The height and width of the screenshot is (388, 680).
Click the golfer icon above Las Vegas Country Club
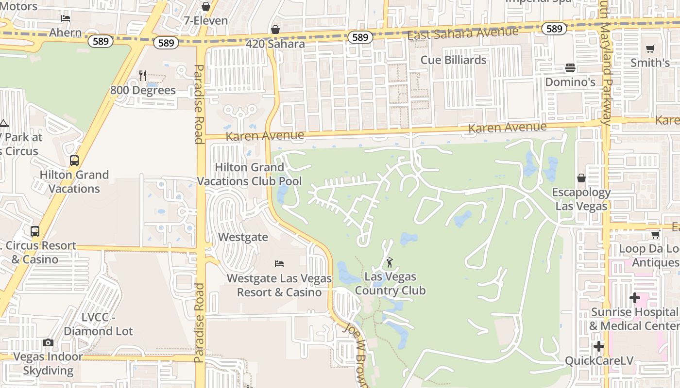(x=389, y=263)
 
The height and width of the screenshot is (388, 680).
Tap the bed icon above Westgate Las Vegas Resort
(x=279, y=264)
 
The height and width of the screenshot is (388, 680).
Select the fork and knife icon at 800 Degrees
(x=143, y=75)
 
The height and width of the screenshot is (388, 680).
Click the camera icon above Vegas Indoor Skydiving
(x=48, y=343)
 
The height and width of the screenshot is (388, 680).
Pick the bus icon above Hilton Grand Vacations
(x=74, y=161)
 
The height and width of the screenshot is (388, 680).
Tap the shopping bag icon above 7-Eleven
(x=206, y=6)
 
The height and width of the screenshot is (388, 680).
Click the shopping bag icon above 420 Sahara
(x=275, y=30)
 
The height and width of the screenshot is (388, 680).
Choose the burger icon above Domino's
(x=570, y=67)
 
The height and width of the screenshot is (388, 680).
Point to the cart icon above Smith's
(x=650, y=48)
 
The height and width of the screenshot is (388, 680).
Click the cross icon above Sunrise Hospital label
(x=634, y=297)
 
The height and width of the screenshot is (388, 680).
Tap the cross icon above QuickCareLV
(x=599, y=346)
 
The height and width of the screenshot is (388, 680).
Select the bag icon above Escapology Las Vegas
(x=581, y=178)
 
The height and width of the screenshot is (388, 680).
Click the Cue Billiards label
(x=453, y=60)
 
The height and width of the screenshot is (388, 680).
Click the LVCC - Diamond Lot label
(x=98, y=324)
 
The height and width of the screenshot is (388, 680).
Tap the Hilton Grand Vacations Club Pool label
(x=250, y=174)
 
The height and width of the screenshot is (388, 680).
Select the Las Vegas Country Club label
(x=390, y=284)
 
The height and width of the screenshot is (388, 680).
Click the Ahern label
(x=66, y=32)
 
